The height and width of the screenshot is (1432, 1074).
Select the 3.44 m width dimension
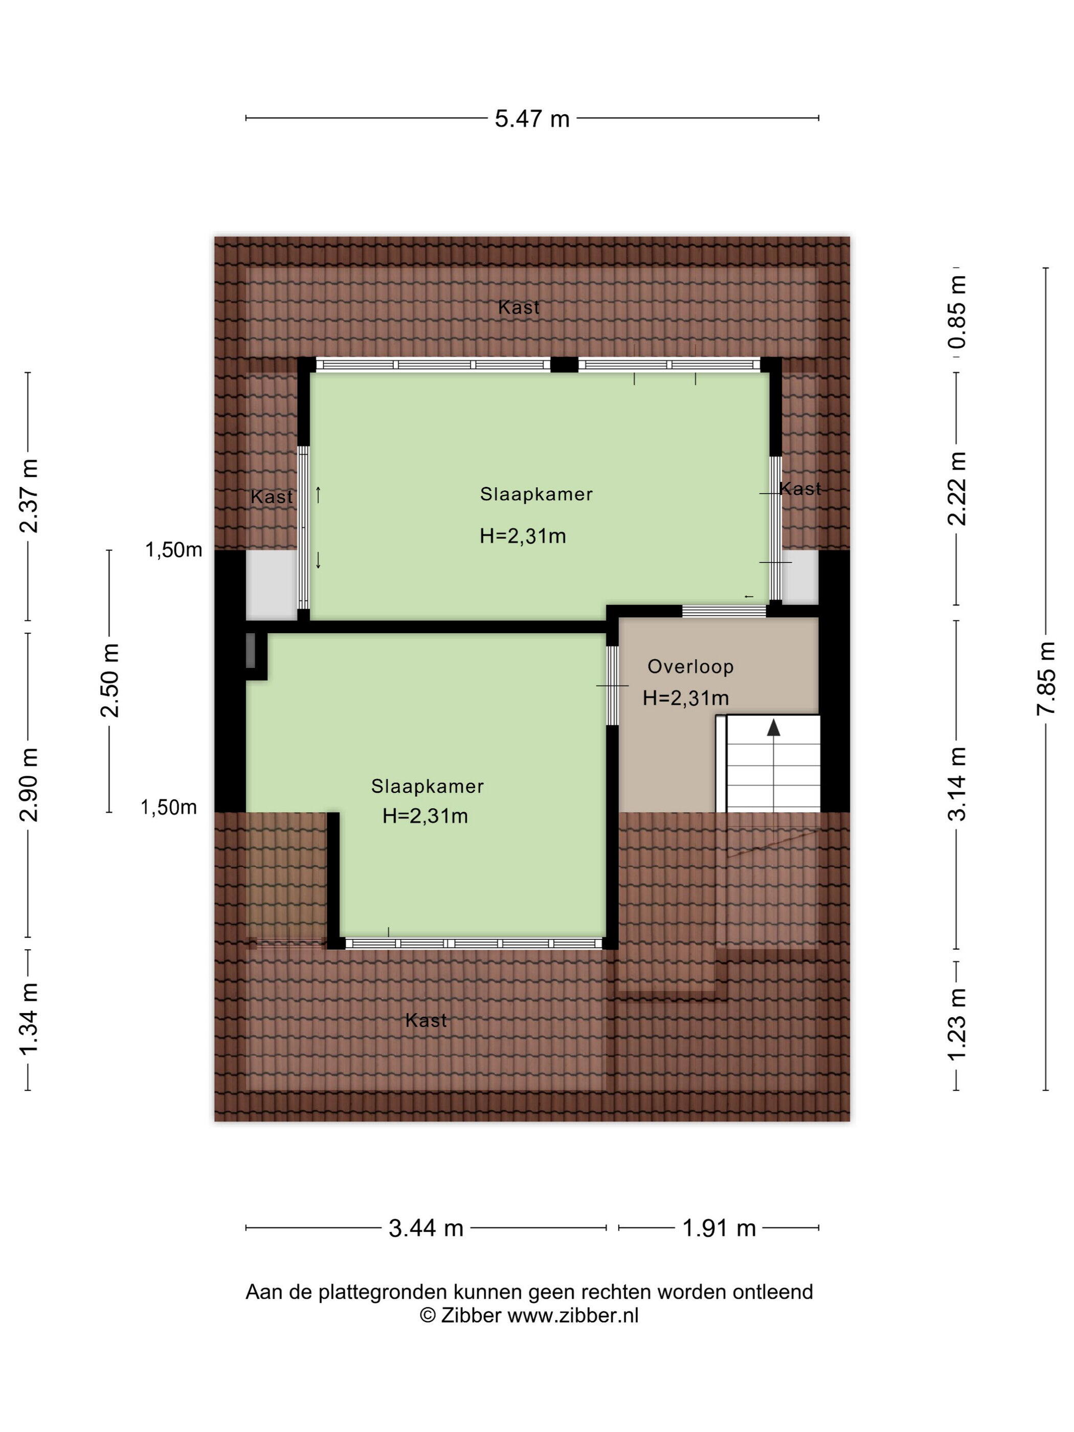(x=426, y=1227)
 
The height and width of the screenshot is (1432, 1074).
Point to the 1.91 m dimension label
(x=719, y=1227)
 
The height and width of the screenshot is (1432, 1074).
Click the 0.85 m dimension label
(x=956, y=311)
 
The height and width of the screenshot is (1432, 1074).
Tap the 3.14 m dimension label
(x=956, y=784)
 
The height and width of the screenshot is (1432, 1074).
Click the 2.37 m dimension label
(x=29, y=495)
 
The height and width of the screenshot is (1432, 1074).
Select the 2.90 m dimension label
(x=29, y=784)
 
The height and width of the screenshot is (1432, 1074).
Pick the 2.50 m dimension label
(x=109, y=680)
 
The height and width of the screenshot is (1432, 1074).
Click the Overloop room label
(x=690, y=666)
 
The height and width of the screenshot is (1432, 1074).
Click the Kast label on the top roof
(x=519, y=307)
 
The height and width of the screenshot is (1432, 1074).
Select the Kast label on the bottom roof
(x=426, y=1020)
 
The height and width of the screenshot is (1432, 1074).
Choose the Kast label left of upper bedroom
(x=271, y=497)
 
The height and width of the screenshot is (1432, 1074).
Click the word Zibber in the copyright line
(x=471, y=1315)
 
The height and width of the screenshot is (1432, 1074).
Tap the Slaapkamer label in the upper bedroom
(x=536, y=494)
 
